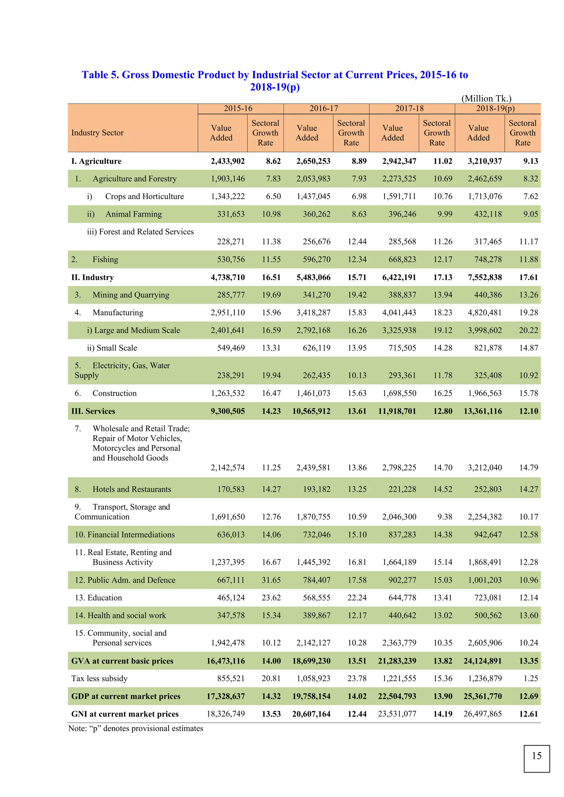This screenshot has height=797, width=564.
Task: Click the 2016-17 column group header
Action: tap(324, 108)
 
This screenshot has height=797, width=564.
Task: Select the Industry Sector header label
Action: tap(97, 133)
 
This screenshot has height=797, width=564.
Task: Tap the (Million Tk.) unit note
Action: tap(486, 99)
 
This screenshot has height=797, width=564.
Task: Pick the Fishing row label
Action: tap(105, 259)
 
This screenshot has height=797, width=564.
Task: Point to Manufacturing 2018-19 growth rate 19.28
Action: tap(528, 312)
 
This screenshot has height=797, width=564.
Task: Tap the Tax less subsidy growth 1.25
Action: tap(531, 678)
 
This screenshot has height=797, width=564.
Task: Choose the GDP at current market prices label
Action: tap(126, 696)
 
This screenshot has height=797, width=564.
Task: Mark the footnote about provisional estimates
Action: tap(136, 728)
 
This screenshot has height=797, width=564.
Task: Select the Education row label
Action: tap(99, 597)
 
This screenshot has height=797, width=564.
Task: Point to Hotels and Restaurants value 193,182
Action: tap(316, 489)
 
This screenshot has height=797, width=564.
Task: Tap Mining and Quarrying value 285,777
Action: tap(231, 295)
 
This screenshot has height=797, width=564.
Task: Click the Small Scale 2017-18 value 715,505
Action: tap(402, 348)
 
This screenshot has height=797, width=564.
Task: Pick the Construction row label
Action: tap(114, 393)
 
